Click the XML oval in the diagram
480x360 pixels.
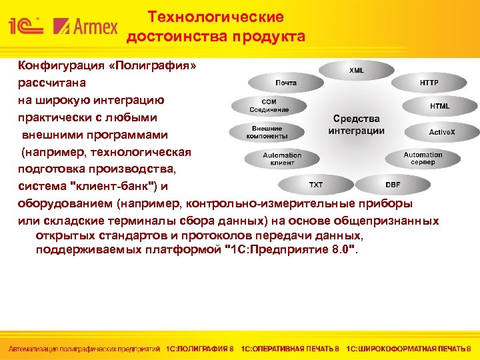click(x=357, y=70)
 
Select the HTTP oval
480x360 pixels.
click(x=429, y=83)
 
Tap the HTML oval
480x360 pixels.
click(x=439, y=106)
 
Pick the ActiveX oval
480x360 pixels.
click(x=441, y=132)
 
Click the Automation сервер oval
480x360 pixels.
click(x=423, y=159)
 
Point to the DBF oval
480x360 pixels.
click(x=393, y=184)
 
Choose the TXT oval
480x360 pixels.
click(x=315, y=184)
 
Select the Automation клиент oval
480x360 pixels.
click(x=282, y=159)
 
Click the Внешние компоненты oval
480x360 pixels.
click(x=267, y=132)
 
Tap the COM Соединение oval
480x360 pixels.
click(x=269, y=106)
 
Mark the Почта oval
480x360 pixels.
click(x=285, y=83)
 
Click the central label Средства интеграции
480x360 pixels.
click(x=356, y=125)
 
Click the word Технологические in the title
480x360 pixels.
click(x=215, y=17)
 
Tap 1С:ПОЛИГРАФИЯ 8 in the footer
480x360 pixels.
click(x=200, y=349)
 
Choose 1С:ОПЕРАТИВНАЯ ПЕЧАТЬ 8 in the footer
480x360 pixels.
click(x=290, y=349)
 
